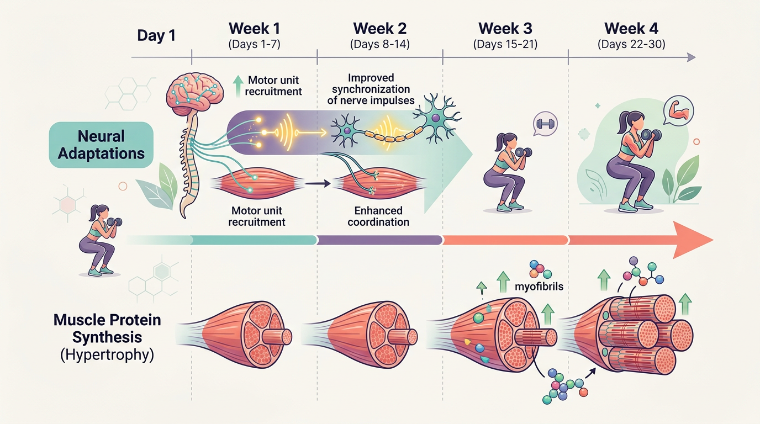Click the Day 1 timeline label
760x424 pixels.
[x=156, y=36]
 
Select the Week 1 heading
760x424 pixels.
[x=254, y=28]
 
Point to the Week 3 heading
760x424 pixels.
[x=505, y=28]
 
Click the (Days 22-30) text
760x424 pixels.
[x=631, y=44]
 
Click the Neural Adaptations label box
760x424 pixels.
[x=101, y=145]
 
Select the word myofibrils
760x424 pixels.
[x=542, y=287]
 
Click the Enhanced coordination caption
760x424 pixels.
[x=379, y=216]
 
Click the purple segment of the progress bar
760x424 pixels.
[x=380, y=240]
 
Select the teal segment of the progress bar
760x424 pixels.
[x=254, y=240]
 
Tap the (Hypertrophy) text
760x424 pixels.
[x=106, y=354]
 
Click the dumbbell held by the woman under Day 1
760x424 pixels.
[x=115, y=222]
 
